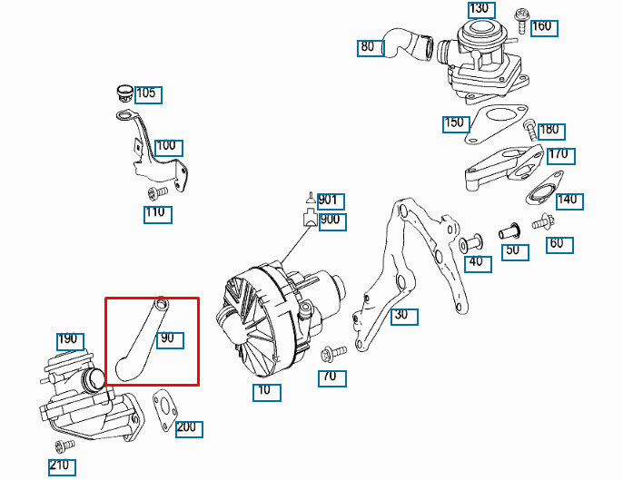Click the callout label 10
(x=267, y=393)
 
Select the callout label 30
(x=400, y=316)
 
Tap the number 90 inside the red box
(x=169, y=339)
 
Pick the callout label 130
(x=480, y=9)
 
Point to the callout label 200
(x=189, y=427)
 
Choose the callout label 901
(x=330, y=201)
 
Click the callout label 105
(x=146, y=93)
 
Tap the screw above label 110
(x=155, y=192)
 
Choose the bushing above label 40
(x=470, y=243)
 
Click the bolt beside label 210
(x=63, y=446)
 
